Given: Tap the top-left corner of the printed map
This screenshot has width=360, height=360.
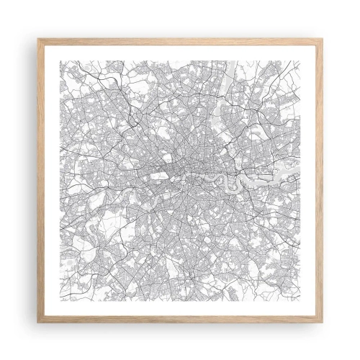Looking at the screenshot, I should tap(58, 58).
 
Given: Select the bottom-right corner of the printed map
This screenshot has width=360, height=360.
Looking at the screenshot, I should tap(303, 303).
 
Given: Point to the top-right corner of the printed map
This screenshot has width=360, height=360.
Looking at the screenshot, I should tap(303, 58).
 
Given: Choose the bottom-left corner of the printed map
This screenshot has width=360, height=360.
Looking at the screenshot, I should tap(58, 303).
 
